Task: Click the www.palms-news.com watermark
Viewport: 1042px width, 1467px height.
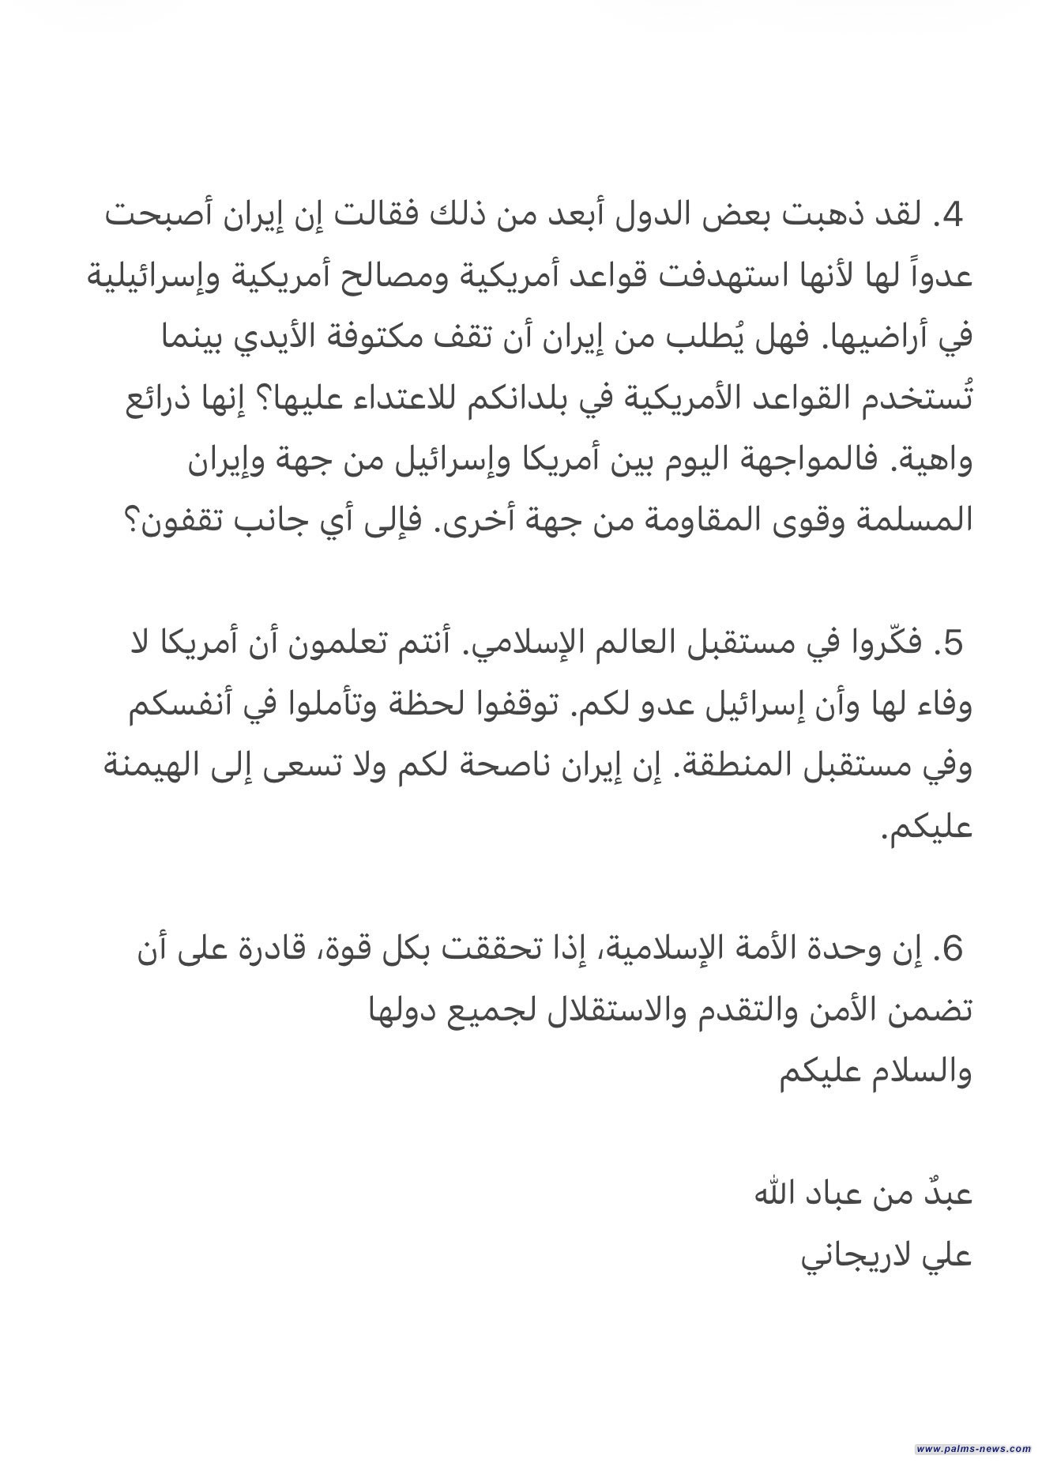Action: (x=974, y=1448)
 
